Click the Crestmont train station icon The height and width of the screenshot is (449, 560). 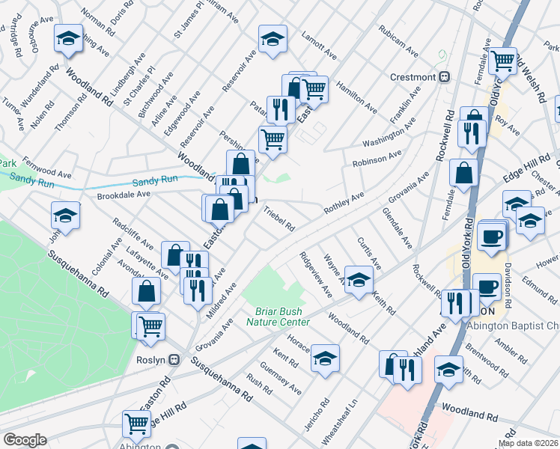(444, 77)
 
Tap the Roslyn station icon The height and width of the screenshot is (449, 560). (174, 359)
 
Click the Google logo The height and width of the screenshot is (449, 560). (25, 440)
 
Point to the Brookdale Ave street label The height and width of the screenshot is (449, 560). (124, 194)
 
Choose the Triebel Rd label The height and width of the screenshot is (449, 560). (279, 219)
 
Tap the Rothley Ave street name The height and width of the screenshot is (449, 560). (344, 203)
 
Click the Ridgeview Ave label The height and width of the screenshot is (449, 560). (316, 274)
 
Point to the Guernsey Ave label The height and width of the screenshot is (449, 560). (281, 379)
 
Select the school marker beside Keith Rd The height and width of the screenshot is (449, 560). (359, 281)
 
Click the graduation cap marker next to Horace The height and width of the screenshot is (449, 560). (325, 358)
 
